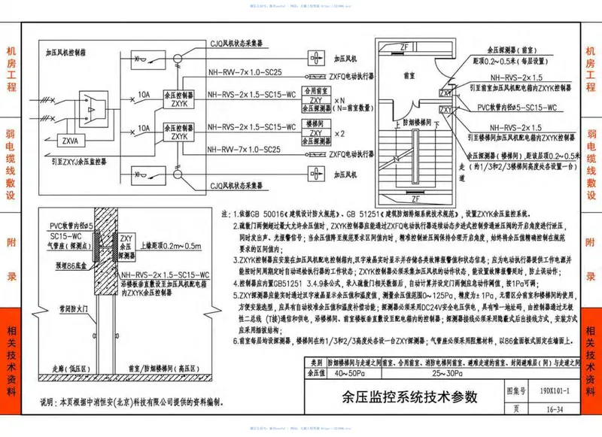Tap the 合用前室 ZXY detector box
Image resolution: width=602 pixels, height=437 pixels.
click(x=316, y=99)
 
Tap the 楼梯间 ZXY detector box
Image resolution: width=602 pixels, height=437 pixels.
click(x=316, y=133)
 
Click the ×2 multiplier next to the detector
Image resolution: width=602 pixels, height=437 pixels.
click(x=340, y=134)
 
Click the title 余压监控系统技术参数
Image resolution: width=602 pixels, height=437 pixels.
click(x=403, y=399)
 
